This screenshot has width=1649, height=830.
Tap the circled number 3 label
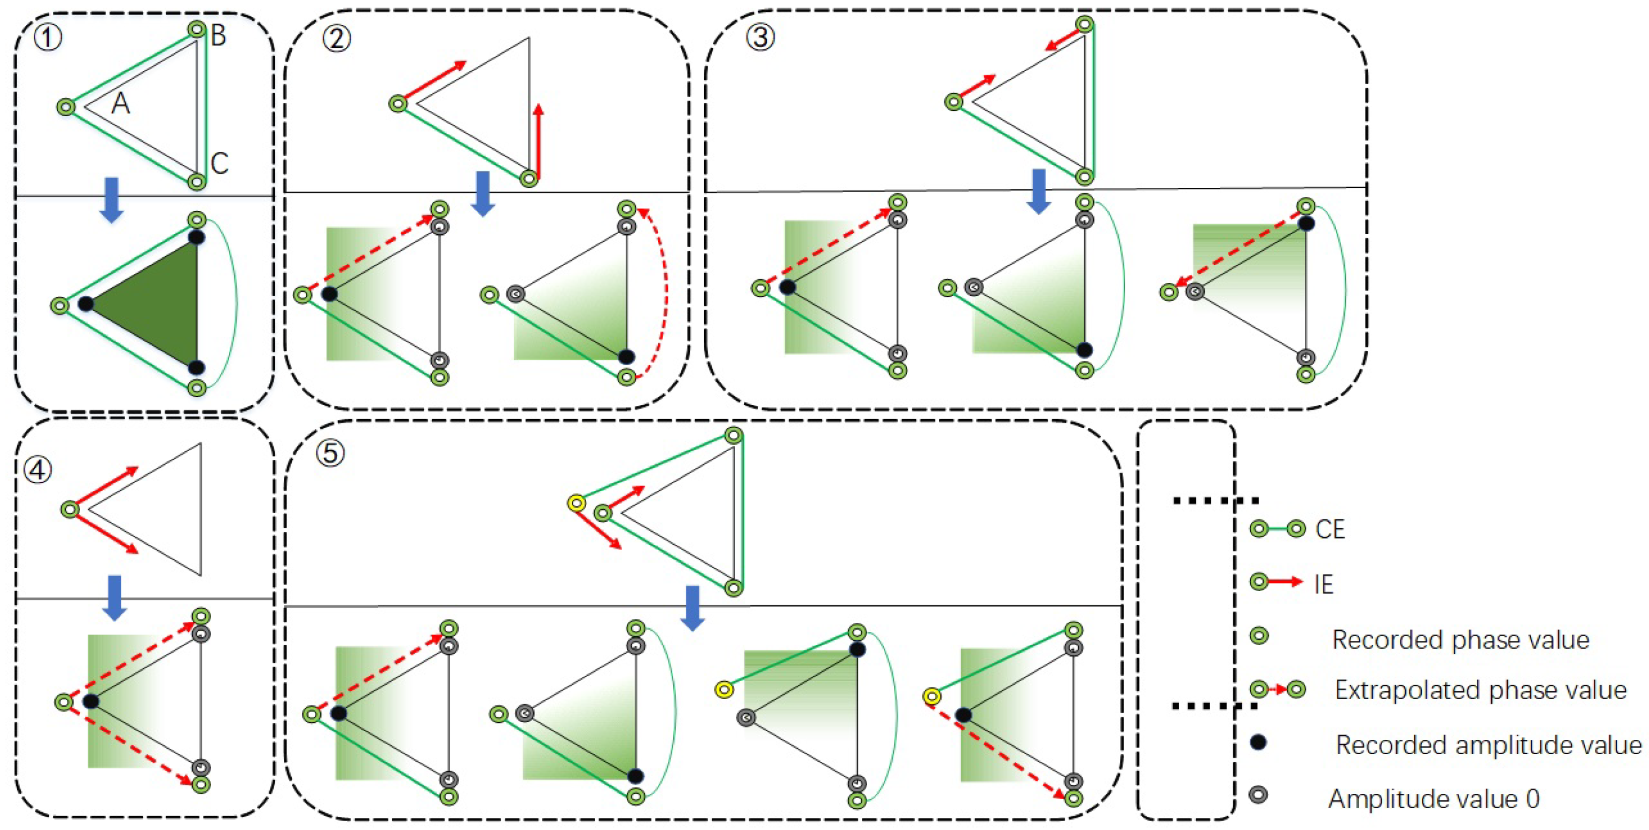760,37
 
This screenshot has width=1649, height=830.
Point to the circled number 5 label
330,453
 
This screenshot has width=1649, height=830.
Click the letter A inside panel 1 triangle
120,103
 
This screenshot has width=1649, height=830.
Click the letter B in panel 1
218,35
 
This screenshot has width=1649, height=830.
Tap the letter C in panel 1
219,163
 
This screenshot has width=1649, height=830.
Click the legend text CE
1329,529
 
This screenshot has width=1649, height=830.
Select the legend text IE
1323,585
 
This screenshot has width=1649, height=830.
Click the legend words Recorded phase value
1460,639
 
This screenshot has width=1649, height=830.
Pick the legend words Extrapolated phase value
1480,690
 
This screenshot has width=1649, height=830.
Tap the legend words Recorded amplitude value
1488,745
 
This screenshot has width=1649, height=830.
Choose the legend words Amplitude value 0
1433,799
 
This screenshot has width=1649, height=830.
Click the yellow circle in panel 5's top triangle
576,503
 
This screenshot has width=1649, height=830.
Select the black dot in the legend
1258,742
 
